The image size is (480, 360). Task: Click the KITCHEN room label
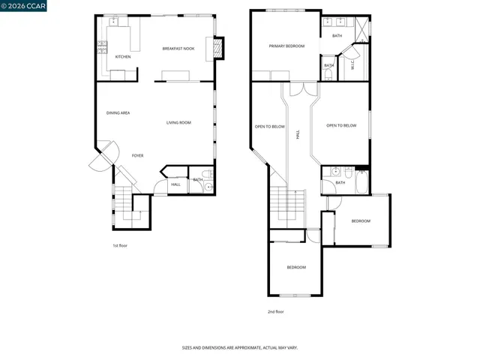123,57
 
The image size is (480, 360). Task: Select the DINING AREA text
118,112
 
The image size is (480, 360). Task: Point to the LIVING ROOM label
178,122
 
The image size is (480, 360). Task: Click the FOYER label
137,155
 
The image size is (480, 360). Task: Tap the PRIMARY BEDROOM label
286,46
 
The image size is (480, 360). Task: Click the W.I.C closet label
352,64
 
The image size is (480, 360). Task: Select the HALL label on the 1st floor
175,184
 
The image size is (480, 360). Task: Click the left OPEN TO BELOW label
269,127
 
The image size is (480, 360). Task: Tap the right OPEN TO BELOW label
341,126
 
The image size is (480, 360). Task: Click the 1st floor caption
120,245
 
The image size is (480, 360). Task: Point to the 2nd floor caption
275,311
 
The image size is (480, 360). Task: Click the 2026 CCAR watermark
23,7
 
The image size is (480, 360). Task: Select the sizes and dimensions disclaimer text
240,348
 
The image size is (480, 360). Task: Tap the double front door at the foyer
102,156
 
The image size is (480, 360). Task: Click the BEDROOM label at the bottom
295,267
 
